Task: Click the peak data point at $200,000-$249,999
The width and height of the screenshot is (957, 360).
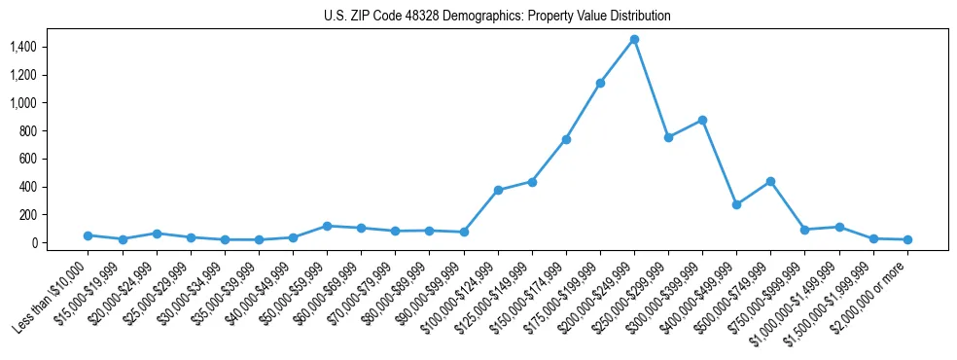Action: [634, 39]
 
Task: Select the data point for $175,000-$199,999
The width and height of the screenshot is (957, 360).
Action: [600, 83]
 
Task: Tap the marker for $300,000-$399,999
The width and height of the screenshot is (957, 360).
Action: [702, 120]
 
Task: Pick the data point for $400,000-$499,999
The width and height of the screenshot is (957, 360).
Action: [736, 204]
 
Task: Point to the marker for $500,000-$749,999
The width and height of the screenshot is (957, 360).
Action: [770, 181]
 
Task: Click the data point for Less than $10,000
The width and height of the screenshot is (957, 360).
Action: [88, 235]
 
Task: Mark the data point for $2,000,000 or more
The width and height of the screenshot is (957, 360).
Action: [907, 239]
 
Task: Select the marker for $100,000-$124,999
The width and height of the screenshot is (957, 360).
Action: [498, 190]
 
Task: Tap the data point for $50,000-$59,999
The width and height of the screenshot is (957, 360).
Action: [327, 226]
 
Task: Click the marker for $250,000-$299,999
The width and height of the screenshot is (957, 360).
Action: [668, 137]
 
